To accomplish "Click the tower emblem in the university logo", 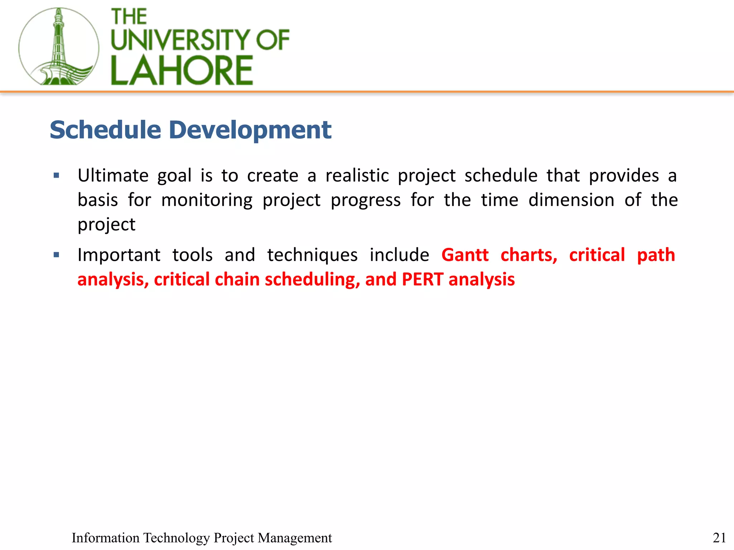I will click(58, 47).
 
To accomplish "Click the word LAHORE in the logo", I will click(182, 71).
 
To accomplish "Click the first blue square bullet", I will click(56, 175).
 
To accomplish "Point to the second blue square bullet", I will click(56, 255).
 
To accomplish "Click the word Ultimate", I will click(113, 175).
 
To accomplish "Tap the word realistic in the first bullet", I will click(357, 175).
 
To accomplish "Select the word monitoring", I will click(207, 200).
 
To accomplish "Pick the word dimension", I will click(571, 200).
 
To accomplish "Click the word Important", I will click(119, 255).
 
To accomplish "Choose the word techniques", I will click(312, 255).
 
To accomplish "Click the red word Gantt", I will click(465, 255).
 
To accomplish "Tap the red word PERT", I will click(423, 279).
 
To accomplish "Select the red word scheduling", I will click(312, 279).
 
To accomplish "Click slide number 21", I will click(719, 537).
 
